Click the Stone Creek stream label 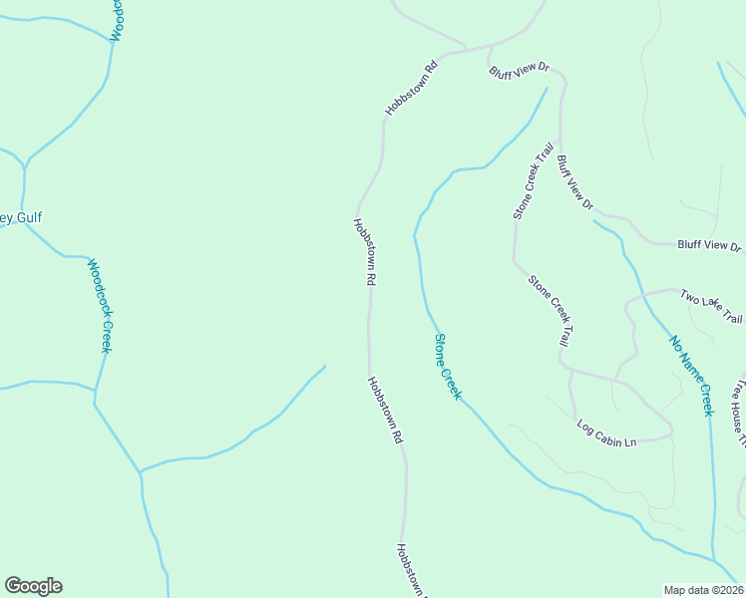click(447, 367)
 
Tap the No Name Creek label click(692, 376)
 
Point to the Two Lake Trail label click(711, 306)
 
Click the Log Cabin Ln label click(606, 434)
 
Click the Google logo click(33, 586)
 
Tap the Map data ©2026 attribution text click(703, 590)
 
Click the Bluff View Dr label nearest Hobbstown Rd click(519, 70)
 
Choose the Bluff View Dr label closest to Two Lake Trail click(709, 245)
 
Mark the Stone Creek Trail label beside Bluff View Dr click(533, 181)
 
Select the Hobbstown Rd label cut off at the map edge click(409, 571)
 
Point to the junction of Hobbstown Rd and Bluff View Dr click(489, 46)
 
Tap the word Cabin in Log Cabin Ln click(607, 434)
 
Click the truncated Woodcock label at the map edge click(117, 20)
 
